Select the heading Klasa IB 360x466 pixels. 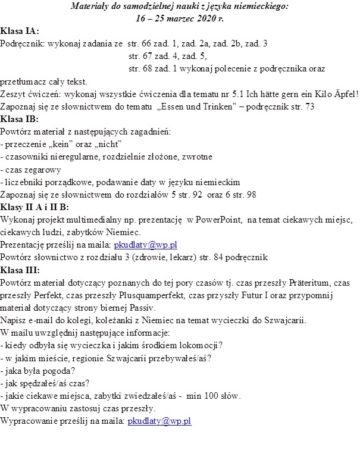coord(20,118)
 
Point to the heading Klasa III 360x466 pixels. coord(20,270)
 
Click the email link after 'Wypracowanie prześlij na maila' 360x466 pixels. coord(159,421)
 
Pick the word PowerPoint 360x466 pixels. coord(209,220)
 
